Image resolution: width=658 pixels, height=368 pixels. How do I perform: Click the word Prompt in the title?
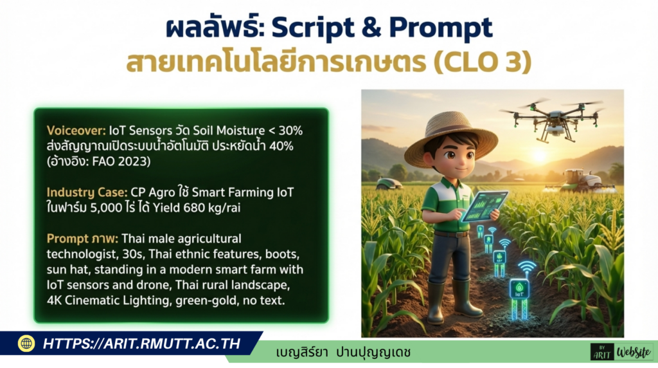click(441, 28)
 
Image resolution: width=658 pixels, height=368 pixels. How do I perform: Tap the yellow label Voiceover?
click(76, 131)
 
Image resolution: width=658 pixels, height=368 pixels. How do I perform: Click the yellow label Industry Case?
click(87, 192)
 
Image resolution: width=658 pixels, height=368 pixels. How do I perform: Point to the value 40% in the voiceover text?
click(281, 146)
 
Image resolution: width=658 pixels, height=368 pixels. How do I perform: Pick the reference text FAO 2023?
click(124, 161)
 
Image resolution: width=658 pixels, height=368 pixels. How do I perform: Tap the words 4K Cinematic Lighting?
click(108, 300)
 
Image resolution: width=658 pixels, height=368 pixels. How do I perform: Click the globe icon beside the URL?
click(26, 344)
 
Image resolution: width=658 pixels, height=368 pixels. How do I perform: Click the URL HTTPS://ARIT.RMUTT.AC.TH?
click(141, 344)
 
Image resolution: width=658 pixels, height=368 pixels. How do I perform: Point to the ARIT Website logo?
click(622, 352)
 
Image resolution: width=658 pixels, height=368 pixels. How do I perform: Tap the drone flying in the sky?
click(552, 119)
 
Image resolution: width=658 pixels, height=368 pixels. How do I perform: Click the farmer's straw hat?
click(450, 134)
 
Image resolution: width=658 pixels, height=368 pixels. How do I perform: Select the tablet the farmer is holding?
click(484, 205)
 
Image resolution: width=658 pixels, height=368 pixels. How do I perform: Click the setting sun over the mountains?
click(540, 156)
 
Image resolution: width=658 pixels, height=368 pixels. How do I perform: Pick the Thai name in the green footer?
click(343, 352)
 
